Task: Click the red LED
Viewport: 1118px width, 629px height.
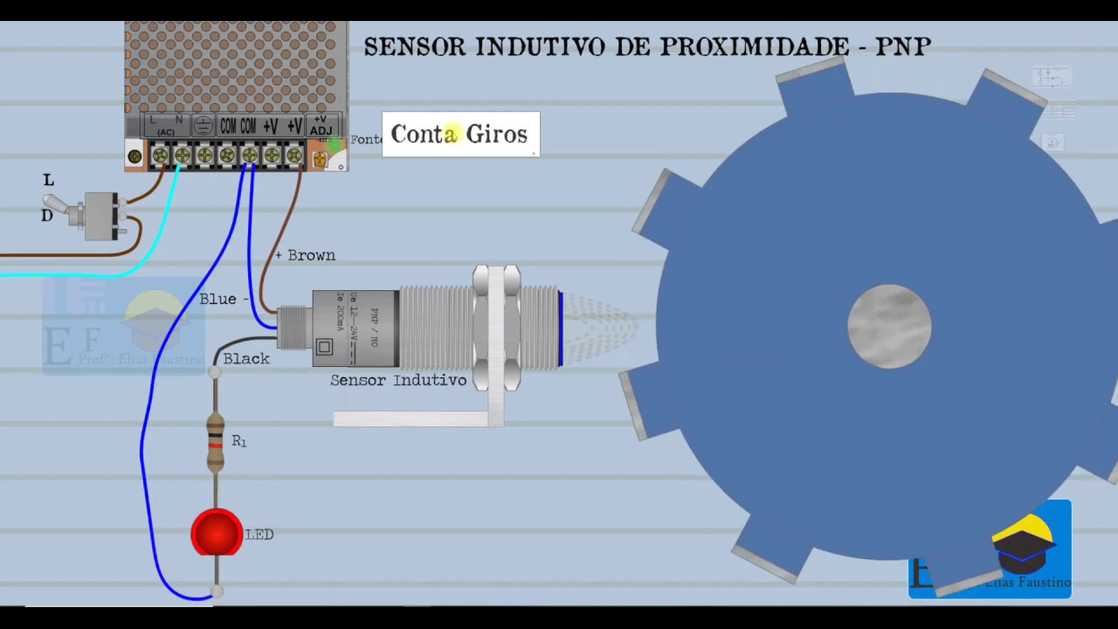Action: click(217, 532)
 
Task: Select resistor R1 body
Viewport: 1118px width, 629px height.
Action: click(215, 442)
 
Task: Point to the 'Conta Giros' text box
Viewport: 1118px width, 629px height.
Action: click(460, 135)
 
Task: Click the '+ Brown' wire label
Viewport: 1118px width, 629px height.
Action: click(305, 255)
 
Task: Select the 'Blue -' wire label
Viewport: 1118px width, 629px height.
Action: click(224, 299)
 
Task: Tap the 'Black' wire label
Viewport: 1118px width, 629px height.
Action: click(246, 358)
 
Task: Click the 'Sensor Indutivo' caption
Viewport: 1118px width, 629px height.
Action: click(397, 380)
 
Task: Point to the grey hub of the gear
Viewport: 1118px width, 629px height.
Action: click(889, 326)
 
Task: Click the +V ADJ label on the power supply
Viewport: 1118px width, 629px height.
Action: click(321, 125)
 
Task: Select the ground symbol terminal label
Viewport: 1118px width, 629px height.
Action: click(203, 125)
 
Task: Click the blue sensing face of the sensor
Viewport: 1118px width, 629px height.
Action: click(560, 328)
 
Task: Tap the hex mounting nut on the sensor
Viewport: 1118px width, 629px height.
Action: click(496, 328)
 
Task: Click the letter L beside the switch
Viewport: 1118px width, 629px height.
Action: click(49, 180)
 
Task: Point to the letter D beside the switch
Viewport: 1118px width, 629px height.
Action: click(47, 215)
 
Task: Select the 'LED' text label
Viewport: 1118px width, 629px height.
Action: click(259, 535)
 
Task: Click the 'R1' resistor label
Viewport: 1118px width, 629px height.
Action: click(238, 441)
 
